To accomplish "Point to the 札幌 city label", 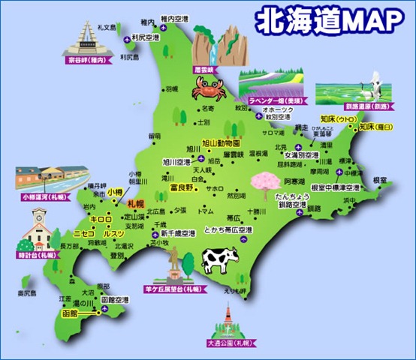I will tap(136, 203).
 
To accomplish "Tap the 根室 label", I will tap(380, 180).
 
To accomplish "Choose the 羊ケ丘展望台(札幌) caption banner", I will tap(173, 288).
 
